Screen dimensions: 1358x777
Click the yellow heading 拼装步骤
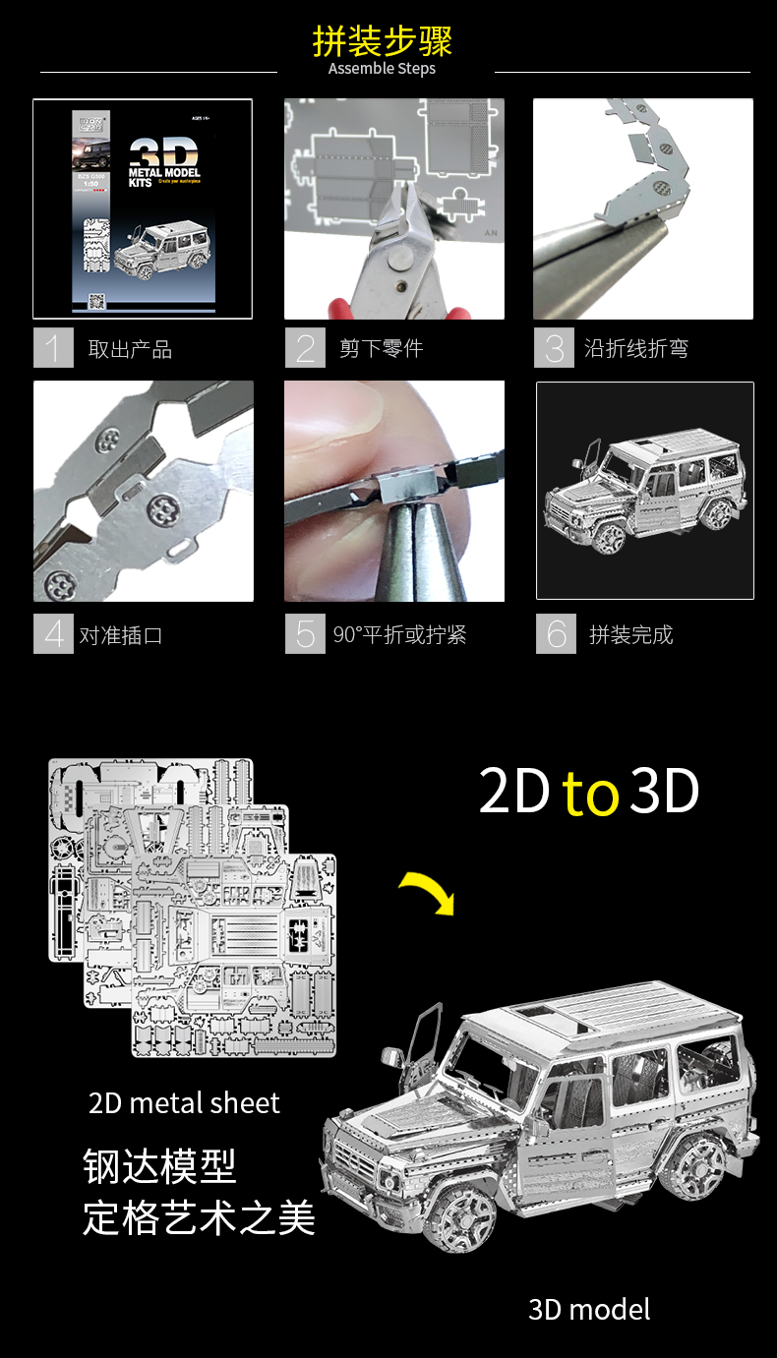(383, 42)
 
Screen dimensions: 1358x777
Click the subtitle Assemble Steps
(382, 69)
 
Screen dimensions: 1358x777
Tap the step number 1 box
(53, 348)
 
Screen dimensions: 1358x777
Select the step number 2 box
(305, 348)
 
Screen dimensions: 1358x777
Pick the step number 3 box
(554, 348)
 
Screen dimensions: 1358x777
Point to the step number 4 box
(53, 634)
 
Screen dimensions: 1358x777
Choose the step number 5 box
(305, 634)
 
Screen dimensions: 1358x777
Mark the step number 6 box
(556, 634)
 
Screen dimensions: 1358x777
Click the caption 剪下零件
(381, 348)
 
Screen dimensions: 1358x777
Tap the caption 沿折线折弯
(635, 348)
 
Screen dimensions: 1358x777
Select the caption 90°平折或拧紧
(399, 634)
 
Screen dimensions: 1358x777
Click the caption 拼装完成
(630, 634)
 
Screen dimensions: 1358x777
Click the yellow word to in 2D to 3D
(590, 794)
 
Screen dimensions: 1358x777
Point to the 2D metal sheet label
(184, 1103)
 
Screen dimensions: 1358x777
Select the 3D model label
(589, 1309)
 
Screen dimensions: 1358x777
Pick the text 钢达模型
(159, 1167)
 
